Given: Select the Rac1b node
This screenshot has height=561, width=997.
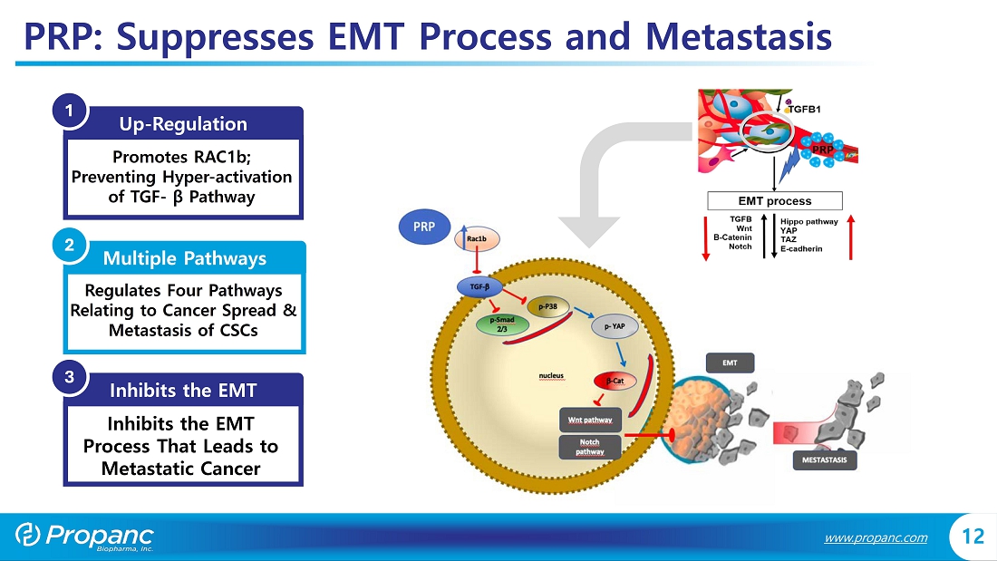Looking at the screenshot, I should click(x=477, y=238).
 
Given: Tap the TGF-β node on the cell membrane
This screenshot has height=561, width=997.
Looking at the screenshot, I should click(x=480, y=287).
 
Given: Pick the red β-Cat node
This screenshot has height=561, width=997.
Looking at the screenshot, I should click(x=615, y=382).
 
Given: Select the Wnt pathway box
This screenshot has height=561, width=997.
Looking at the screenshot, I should click(x=590, y=420).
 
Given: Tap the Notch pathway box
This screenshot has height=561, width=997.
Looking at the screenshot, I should click(x=590, y=447).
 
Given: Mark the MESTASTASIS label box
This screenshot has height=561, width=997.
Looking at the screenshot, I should click(x=824, y=460).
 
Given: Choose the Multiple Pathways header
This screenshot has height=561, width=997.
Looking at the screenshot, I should click(x=184, y=258).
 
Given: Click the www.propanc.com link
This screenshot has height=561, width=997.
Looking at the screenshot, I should click(x=876, y=537).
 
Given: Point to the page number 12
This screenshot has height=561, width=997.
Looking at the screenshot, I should click(x=972, y=537).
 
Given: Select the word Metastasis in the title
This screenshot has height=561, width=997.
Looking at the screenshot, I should click(x=739, y=36).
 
